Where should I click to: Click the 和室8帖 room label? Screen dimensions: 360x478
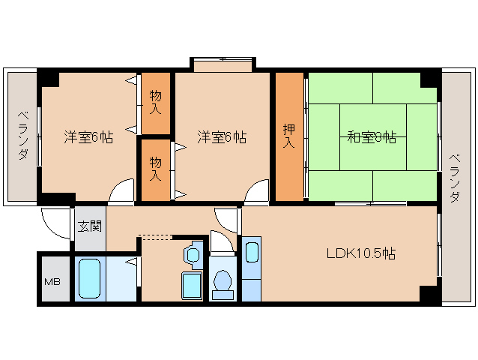pos(371,137)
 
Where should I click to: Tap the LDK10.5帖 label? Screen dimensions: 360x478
pos(360,253)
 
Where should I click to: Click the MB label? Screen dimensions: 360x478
pos(52,282)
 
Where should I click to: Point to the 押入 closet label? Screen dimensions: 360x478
pos(288,136)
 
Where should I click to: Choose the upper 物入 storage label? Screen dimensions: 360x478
pos(155,102)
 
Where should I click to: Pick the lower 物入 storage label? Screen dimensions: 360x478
pos(155,169)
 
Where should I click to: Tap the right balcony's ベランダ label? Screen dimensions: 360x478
pos(454,176)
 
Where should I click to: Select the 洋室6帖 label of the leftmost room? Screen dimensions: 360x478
pos(88,137)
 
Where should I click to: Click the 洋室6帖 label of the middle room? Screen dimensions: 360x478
pos(222,137)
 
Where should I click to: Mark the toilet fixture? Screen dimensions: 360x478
pos(222,281)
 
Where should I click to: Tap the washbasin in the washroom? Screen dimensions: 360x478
pos(193,253)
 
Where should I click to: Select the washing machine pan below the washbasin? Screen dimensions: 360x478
pos(192,285)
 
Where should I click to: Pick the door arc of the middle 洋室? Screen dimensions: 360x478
pos(257,190)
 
